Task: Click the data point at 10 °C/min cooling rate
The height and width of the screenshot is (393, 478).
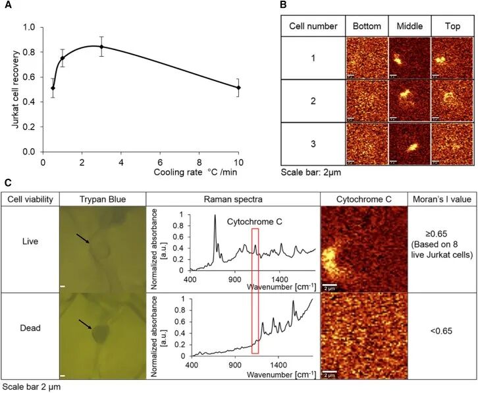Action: click(x=239, y=87)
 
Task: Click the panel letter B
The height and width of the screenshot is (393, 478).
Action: click(x=283, y=5)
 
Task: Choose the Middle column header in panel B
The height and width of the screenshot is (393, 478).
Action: click(x=410, y=26)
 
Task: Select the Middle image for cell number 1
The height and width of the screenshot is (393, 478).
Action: click(x=410, y=58)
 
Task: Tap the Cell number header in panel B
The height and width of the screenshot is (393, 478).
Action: click(x=313, y=26)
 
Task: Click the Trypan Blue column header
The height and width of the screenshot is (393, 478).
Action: click(x=101, y=198)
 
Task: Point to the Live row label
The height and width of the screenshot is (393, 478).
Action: click(x=30, y=241)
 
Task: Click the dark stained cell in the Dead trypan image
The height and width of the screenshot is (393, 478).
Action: click(x=101, y=333)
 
